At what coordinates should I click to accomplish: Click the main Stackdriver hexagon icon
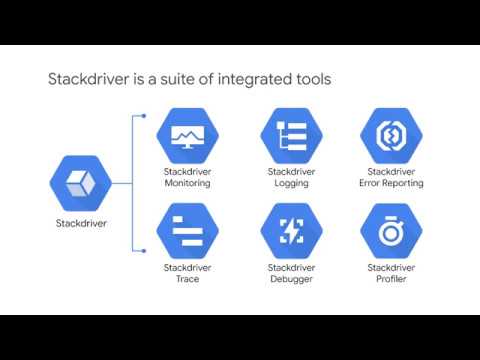tap(78, 185)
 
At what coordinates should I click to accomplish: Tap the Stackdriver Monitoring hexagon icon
tap(187, 138)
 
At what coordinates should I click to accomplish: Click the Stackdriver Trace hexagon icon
tap(187, 232)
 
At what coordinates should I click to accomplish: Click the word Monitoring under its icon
tap(187, 184)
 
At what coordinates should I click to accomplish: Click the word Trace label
tap(187, 279)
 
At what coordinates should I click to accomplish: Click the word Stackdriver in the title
tap(90, 78)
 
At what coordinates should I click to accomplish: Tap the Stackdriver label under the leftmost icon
tap(79, 224)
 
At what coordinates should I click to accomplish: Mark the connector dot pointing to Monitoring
tap(145, 117)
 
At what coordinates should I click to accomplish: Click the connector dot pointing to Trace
tap(145, 251)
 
